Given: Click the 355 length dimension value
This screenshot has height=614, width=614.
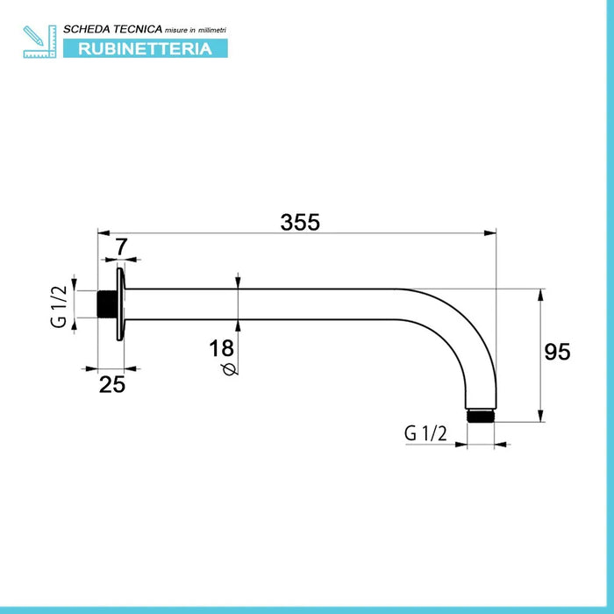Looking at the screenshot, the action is pyautogui.click(x=300, y=222).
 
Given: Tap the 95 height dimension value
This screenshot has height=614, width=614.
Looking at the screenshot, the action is pyautogui.click(x=557, y=352).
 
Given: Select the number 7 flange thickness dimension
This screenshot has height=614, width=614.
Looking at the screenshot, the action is pyautogui.click(x=121, y=246).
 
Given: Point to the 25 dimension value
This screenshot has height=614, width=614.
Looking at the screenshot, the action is pyautogui.click(x=112, y=384).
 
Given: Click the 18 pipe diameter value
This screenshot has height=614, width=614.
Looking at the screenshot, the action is pyautogui.click(x=221, y=348).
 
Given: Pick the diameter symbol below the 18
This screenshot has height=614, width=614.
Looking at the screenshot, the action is pyautogui.click(x=230, y=369).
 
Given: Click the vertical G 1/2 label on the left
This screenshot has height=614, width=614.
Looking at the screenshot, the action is pyautogui.click(x=59, y=306).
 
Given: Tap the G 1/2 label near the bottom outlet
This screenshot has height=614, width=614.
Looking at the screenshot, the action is pyautogui.click(x=425, y=433).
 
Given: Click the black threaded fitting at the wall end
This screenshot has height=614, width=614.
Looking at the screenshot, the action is pyautogui.click(x=106, y=304).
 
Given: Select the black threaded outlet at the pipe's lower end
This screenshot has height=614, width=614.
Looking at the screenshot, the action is pyautogui.click(x=481, y=416).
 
